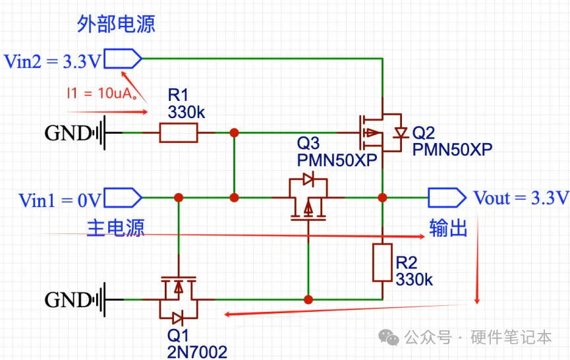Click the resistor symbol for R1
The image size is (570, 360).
pyautogui.click(x=178, y=133)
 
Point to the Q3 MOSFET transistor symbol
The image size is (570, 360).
pyautogui.click(x=308, y=198)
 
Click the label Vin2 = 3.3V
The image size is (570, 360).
pyautogui.click(x=53, y=61)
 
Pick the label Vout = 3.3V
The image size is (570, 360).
pyautogui.click(x=521, y=198)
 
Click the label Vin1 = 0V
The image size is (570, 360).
pyautogui.click(x=60, y=200)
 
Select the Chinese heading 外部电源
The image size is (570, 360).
pyautogui.click(x=116, y=25)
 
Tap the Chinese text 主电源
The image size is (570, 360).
pyautogui.click(x=116, y=227)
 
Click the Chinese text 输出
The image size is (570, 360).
pyautogui.click(x=448, y=228)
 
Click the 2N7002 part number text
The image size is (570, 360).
pyautogui.click(x=197, y=351)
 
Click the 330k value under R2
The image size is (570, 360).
pyautogui.click(x=414, y=279)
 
